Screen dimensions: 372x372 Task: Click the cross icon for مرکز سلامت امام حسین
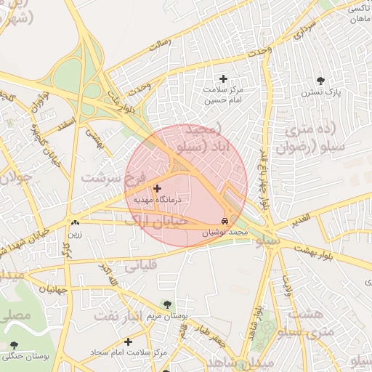click(223, 78)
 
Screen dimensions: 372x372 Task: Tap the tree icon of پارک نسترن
click(320, 81)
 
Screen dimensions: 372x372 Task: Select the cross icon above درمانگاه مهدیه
click(157, 188)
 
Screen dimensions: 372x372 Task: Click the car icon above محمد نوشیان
click(225, 220)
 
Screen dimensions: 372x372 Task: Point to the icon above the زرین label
click(75, 223)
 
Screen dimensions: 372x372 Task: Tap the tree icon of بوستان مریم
click(168, 304)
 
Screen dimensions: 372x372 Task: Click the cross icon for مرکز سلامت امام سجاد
click(129, 341)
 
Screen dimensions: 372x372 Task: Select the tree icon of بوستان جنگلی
click(14, 345)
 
